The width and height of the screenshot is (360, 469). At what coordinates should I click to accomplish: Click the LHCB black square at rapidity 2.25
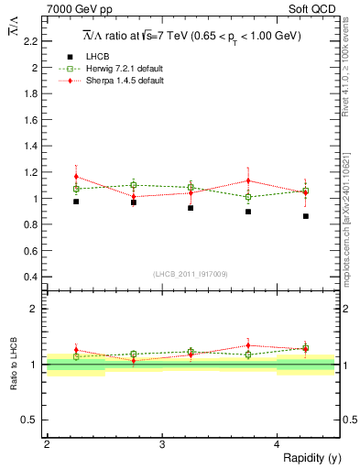[x=76, y=202]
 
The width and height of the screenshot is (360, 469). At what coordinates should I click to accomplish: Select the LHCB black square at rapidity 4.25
[x=306, y=216]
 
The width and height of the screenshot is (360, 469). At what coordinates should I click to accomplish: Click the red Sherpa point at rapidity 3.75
[x=248, y=180]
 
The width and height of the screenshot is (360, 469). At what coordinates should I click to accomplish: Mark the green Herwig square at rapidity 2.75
[x=134, y=185]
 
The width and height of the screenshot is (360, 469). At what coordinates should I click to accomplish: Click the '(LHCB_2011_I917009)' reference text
[x=191, y=274]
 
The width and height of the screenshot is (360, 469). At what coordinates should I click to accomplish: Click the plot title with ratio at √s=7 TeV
[x=191, y=37]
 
